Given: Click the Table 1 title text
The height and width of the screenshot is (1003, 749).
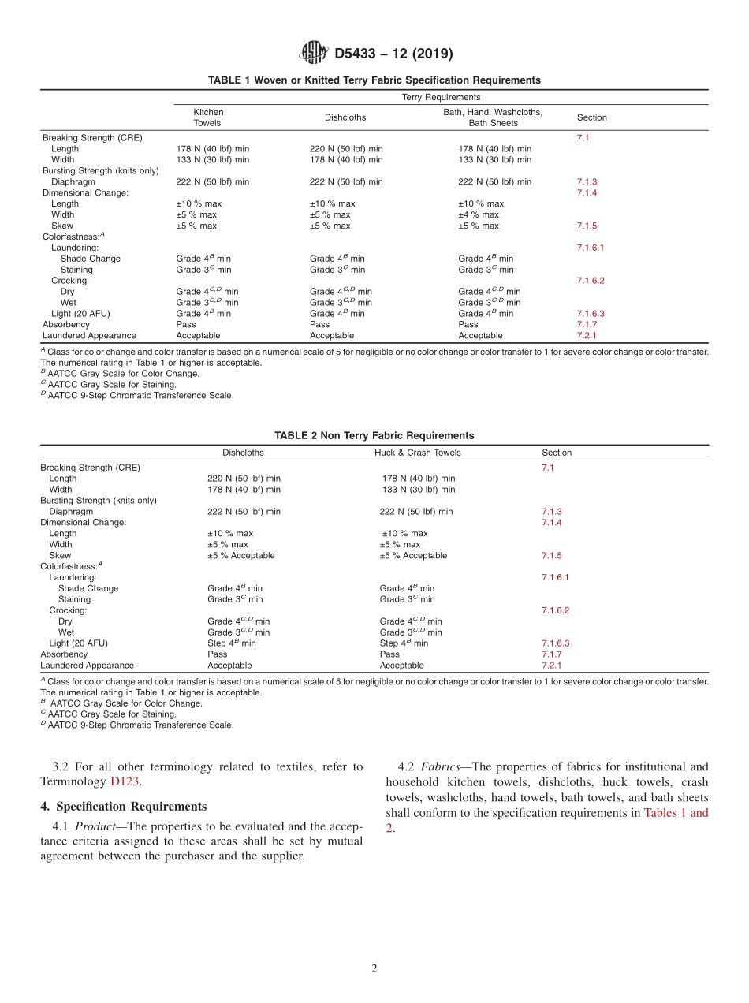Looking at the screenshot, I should (x=374, y=80).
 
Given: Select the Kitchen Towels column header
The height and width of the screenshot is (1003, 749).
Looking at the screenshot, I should (x=208, y=117).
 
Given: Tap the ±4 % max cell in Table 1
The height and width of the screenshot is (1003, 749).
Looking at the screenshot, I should (x=479, y=214).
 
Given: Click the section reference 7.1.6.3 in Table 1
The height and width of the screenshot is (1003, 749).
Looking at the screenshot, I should (x=591, y=313).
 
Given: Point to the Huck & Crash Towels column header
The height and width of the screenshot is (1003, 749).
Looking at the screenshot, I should (x=417, y=453).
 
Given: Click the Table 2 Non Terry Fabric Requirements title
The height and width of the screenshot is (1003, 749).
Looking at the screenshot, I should (x=374, y=435).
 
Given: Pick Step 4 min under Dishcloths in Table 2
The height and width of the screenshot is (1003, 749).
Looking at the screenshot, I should (x=232, y=643).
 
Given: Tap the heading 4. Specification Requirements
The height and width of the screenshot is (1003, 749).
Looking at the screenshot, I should (x=123, y=807).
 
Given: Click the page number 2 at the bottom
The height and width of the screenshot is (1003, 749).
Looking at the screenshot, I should (x=374, y=968).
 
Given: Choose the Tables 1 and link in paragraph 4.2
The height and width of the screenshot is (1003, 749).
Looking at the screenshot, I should (x=676, y=812).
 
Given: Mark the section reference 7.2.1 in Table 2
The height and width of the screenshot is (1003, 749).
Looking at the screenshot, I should (x=550, y=666).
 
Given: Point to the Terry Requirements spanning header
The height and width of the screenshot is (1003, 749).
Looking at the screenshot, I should (x=441, y=98).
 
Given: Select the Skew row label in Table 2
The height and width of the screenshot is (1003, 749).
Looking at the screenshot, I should (x=60, y=556).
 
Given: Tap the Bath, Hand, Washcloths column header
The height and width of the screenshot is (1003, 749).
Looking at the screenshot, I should (x=492, y=117).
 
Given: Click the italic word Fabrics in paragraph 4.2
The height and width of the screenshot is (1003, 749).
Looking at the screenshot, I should (x=440, y=766).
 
